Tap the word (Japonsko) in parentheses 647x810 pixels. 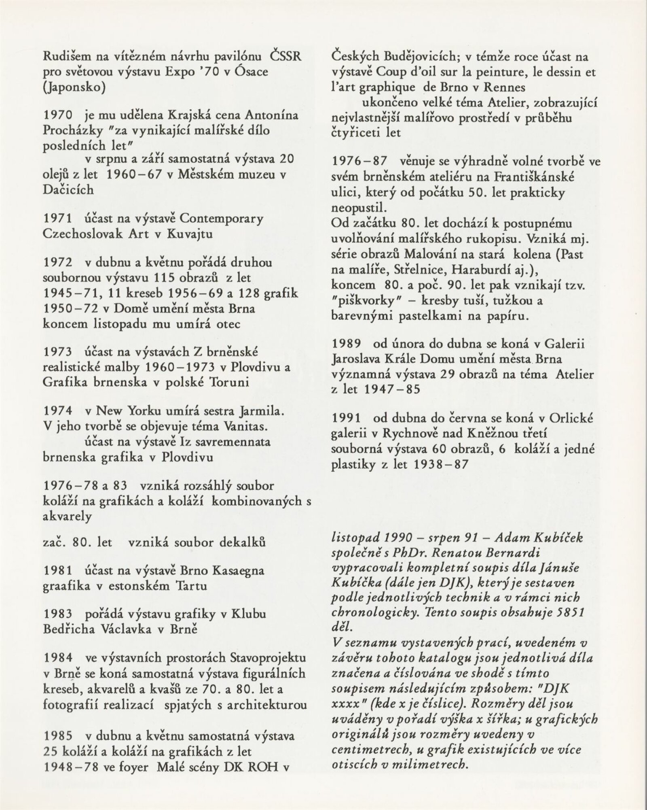point(74,87)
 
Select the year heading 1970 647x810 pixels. point(57,115)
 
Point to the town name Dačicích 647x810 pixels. point(68,189)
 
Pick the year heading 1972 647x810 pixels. point(57,262)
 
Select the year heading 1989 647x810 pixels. point(346,344)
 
